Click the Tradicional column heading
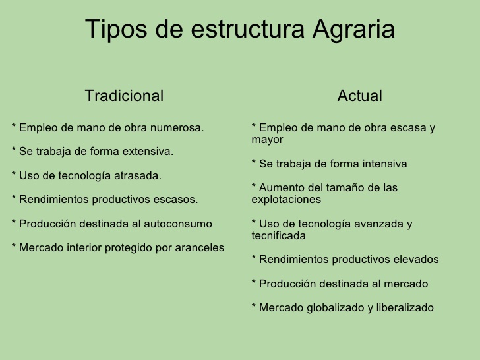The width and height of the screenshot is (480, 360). coord(124,96)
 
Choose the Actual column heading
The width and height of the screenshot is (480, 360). coord(359,96)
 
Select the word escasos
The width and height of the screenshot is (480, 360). coord(174,199)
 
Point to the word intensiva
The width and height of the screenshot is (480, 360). coord(384,164)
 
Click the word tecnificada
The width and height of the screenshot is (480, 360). coord(279,235)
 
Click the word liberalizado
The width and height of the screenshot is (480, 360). coord(405,307)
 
